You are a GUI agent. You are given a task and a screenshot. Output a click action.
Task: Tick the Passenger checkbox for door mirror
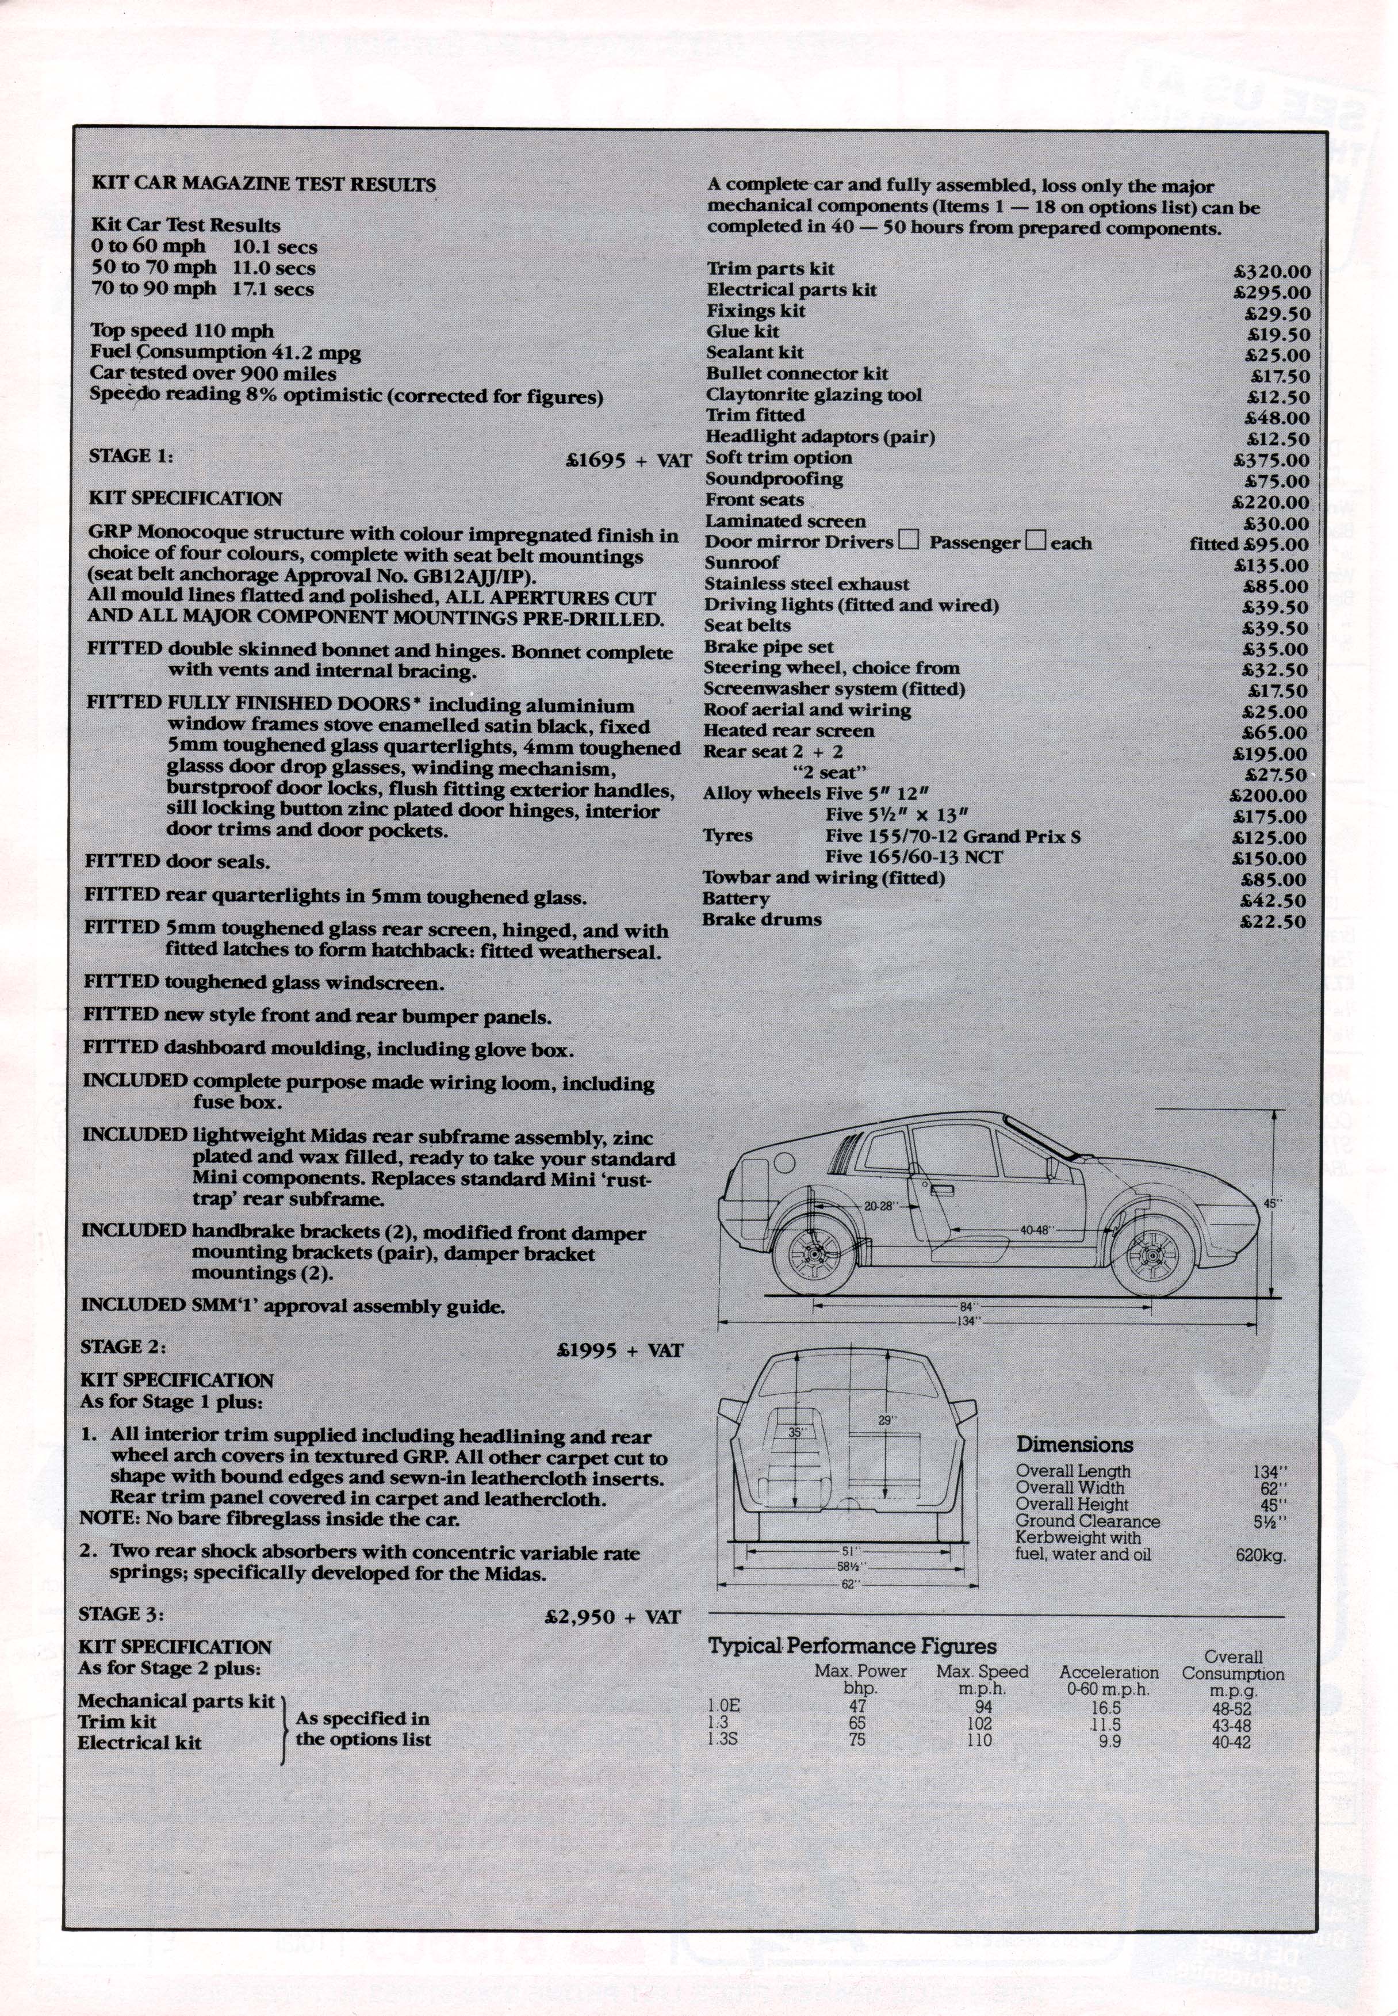(1036, 541)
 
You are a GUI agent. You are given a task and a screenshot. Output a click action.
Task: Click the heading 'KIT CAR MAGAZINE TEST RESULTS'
(263, 185)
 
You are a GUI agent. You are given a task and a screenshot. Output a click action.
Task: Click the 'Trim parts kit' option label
(771, 269)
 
